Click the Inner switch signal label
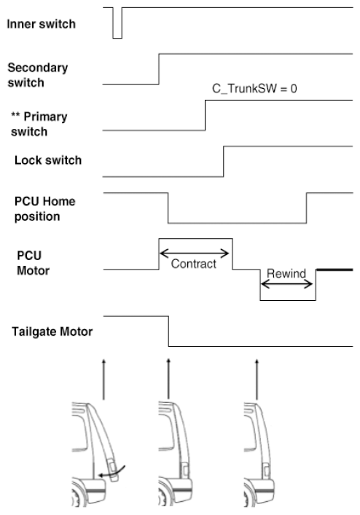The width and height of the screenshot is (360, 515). [x=41, y=24]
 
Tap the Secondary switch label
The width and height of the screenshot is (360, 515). [x=38, y=75]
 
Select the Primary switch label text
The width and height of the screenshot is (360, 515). [x=39, y=124]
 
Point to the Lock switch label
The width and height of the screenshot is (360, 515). [x=48, y=160]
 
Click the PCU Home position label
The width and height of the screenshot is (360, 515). [x=44, y=209]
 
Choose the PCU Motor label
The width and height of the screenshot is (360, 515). [x=33, y=263]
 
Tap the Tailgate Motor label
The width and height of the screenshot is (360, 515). [x=52, y=331]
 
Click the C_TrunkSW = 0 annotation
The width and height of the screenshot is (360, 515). [x=254, y=89]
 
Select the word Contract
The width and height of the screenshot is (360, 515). [x=193, y=264]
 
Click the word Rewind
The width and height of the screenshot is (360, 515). [x=286, y=273]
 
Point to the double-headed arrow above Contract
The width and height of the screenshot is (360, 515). [x=194, y=253]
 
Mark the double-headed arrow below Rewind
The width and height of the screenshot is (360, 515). [x=286, y=284]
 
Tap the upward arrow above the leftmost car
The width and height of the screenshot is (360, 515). [x=103, y=380]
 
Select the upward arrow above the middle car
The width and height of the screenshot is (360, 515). [x=168, y=380]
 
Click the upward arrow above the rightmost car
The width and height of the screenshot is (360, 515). [x=257, y=380]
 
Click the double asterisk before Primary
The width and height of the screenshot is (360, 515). [x=15, y=114]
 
